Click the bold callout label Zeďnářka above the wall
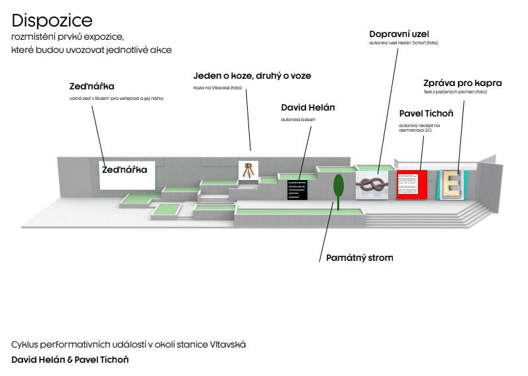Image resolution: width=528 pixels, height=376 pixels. pos(92,87)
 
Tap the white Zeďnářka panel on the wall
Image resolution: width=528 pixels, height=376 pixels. pos(127,175)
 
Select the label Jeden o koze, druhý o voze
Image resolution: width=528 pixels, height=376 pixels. pos(252,76)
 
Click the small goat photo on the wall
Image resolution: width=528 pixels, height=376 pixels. pos(248,171)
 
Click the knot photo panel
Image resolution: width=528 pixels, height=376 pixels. pos(372,186)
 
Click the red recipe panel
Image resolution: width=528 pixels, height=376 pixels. pos(411,184)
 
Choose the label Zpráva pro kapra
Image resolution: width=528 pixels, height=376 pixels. pos(462,83)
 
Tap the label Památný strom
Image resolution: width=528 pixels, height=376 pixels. pos(359,257)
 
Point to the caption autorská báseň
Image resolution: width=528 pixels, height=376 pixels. pos(298,120)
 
